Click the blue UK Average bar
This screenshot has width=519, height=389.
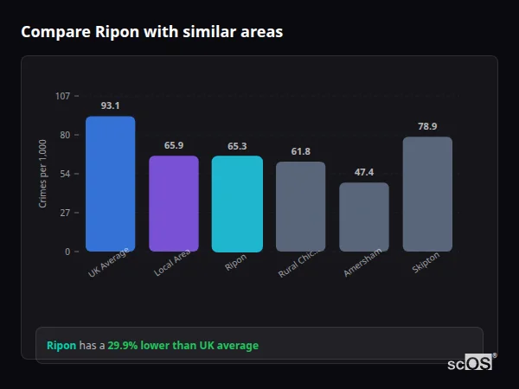tap(110, 184)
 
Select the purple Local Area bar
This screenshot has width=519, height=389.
tap(174, 204)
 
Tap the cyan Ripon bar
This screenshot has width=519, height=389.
tap(237, 204)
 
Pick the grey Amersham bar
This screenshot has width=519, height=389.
tap(364, 217)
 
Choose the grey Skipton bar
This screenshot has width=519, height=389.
tap(427, 194)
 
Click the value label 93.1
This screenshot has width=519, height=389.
tap(110, 105)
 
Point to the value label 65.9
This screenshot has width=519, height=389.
tap(174, 145)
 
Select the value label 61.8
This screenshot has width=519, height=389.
tap(300, 151)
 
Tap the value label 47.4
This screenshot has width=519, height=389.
tap(364, 172)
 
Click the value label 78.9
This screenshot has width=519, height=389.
tap(427, 126)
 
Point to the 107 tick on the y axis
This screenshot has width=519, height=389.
tap(62, 96)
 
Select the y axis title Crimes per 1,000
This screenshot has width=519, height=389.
tap(42, 174)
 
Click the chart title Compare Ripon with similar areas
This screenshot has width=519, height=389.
tap(151, 32)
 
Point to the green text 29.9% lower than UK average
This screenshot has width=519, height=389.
tap(183, 346)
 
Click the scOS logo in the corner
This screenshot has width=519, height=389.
tap(470, 363)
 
